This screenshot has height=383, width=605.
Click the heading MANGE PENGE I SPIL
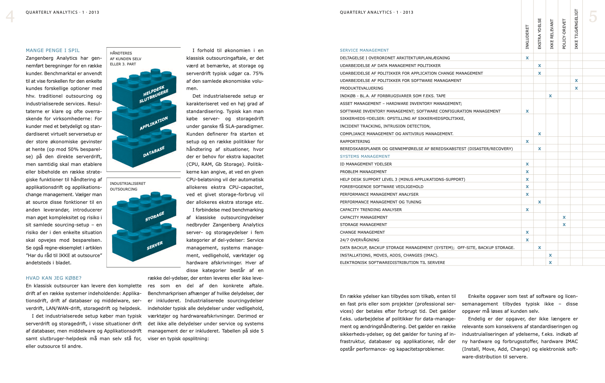(53, 50)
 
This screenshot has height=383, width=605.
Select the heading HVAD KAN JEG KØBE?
(54, 278)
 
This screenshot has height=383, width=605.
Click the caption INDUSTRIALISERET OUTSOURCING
(127, 186)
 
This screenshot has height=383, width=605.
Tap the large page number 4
(10, 17)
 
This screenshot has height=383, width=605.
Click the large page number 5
(592, 17)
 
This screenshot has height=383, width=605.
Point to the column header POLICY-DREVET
(564, 34)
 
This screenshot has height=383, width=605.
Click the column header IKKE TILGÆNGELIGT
(576, 29)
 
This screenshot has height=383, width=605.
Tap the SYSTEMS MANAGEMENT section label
(365, 157)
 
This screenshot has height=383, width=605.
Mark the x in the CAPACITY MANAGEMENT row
(564, 217)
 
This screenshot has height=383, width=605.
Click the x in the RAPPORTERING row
(527, 141)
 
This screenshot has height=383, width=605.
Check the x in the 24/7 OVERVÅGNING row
(527, 240)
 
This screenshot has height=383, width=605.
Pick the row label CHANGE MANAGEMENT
(362, 232)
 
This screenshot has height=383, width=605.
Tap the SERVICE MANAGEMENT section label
(364, 50)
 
